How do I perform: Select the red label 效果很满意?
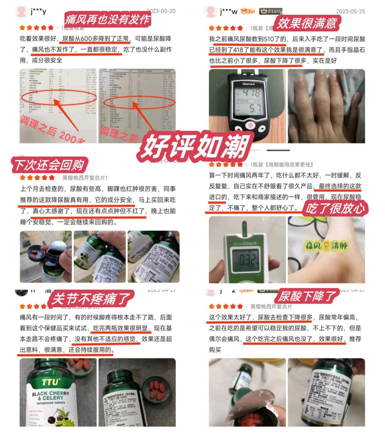pyautogui.click(x=307, y=23)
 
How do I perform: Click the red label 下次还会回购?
pyautogui.click(x=49, y=165)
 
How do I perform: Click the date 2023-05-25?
pyautogui.click(x=350, y=11)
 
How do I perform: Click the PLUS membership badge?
pyautogui.click(x=271, y=11)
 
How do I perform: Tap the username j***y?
pyautogui.click(x=38, y=11)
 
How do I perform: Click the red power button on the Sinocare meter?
pyautogui.click(x=250, y=125)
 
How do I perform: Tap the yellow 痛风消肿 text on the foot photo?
pyautogui.click(x=326, y=245)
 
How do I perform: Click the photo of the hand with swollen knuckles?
pyautogui.click(x=326, y=106)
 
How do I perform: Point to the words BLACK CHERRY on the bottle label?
pyautogui.click(x=50, y=393)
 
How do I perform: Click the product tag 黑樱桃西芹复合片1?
pyautogui.click(x=85, y=177)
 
